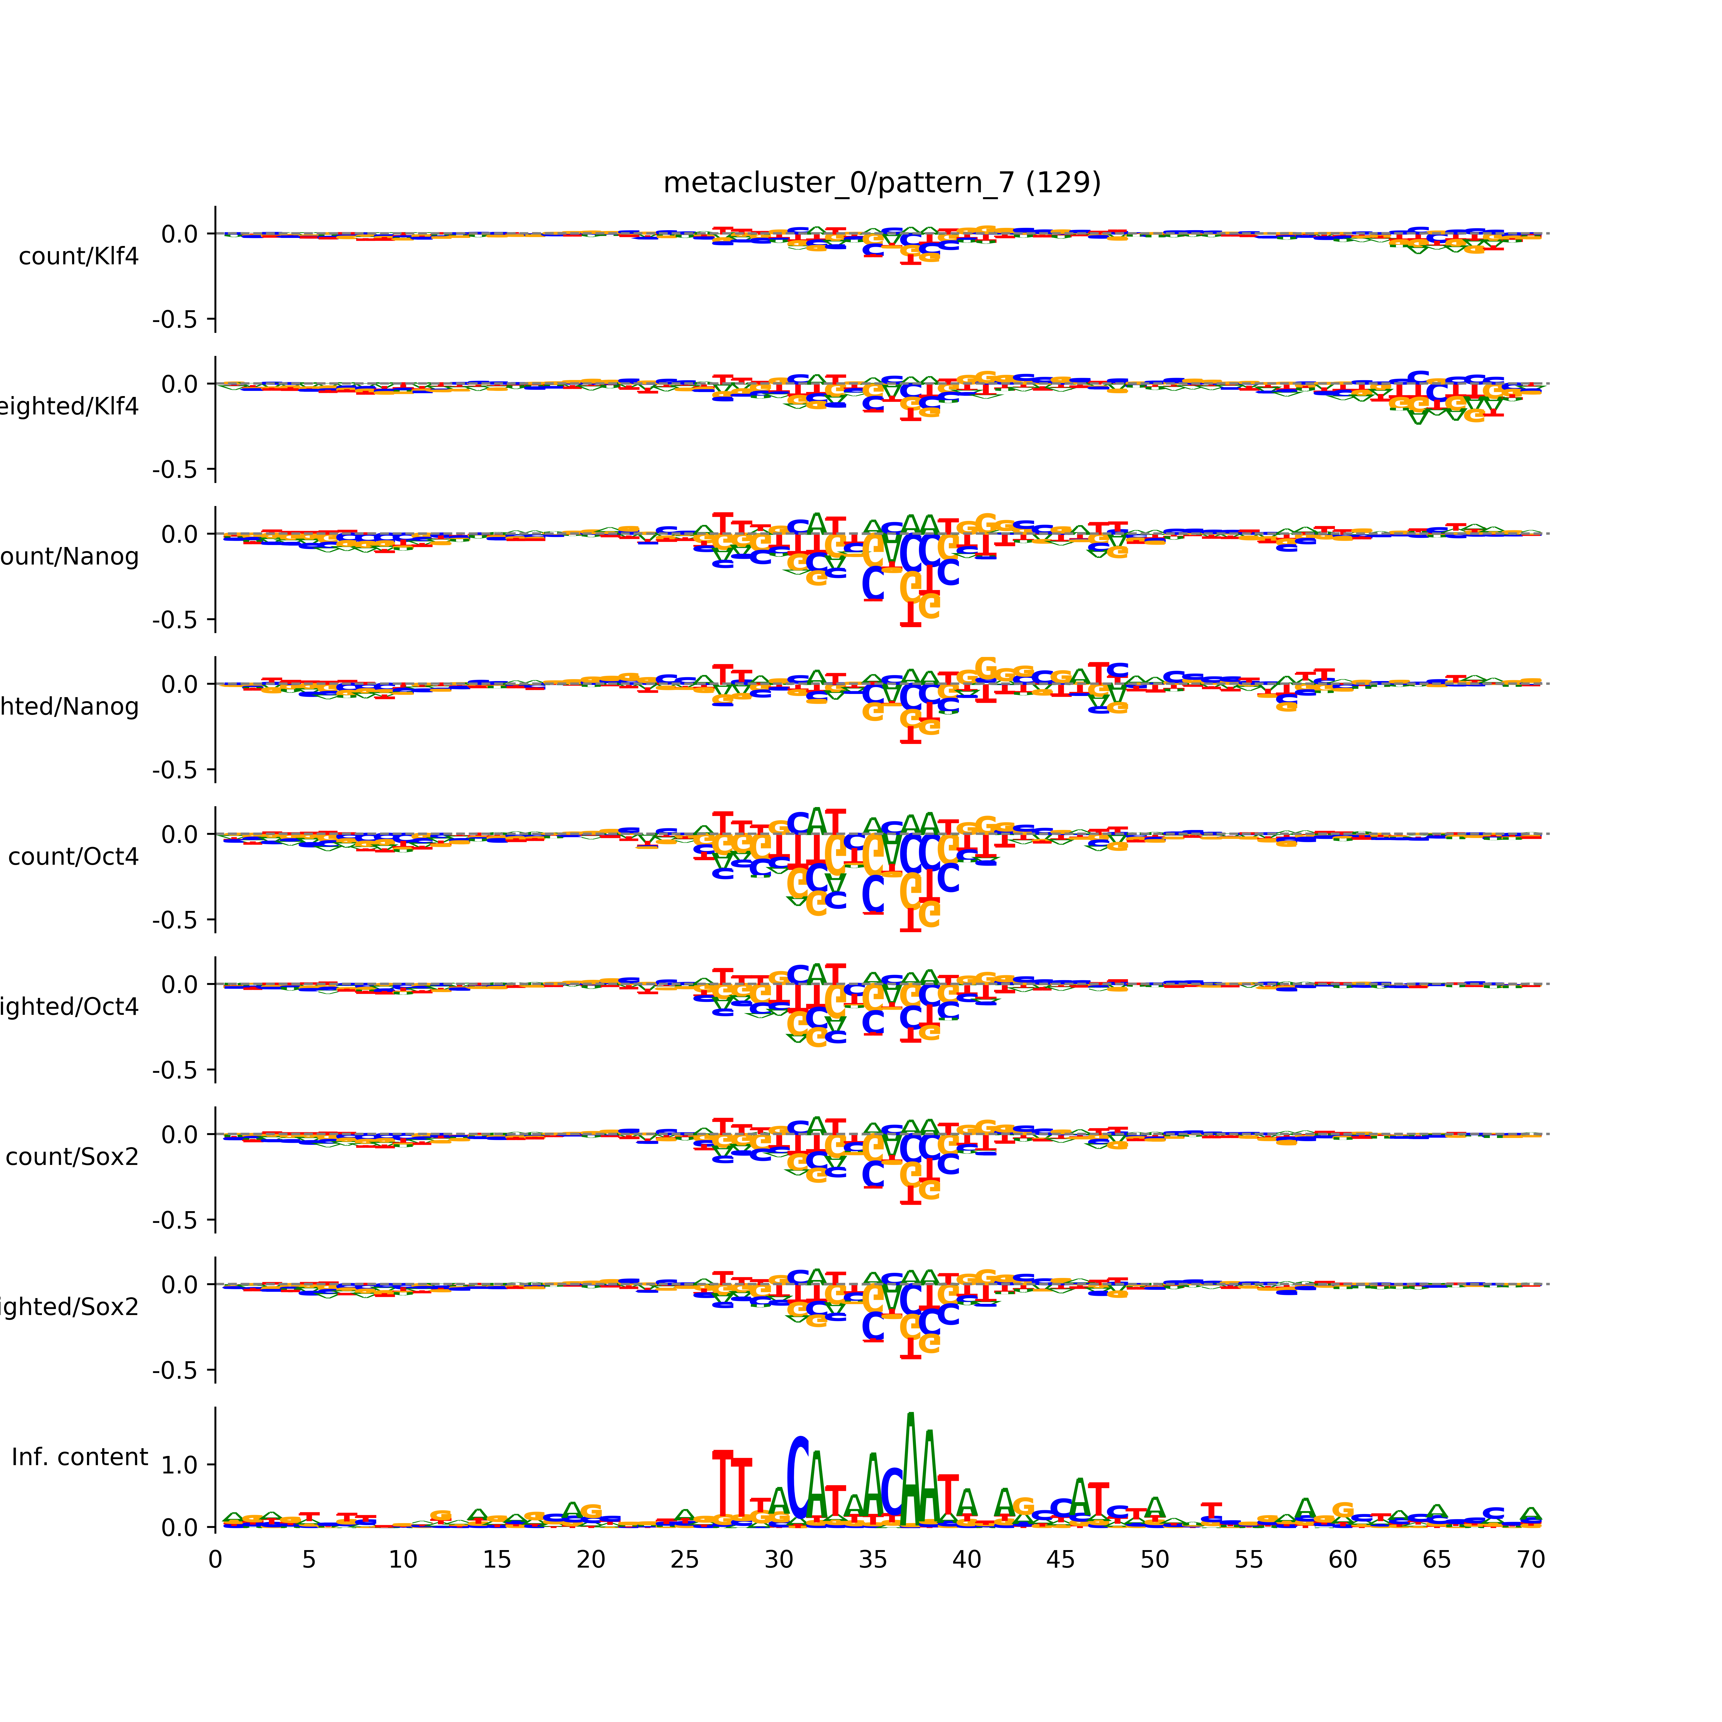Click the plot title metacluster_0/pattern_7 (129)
[881, 183]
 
